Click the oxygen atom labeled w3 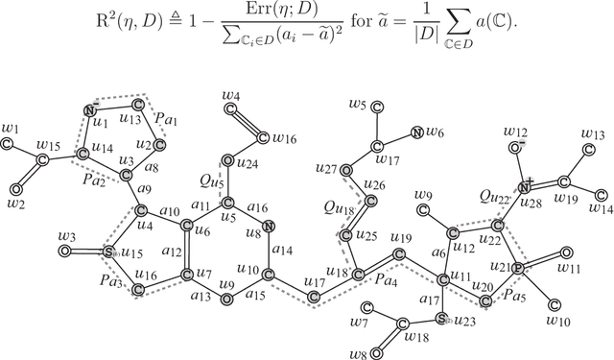(x=64, y=252)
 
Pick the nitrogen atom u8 (x=269, y=227)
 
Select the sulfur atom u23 (x=441, y=317)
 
